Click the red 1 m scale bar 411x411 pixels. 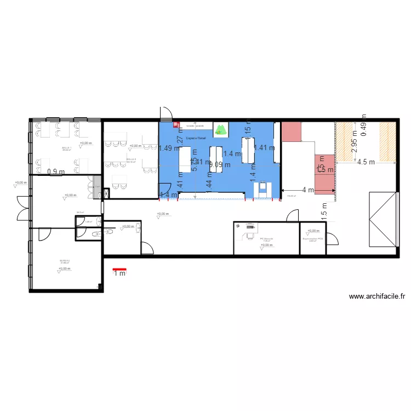tap(119, 270)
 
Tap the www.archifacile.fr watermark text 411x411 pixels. tap(378, 296)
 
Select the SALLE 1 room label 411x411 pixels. tap(66, 149)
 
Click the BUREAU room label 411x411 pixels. tap(65, 261)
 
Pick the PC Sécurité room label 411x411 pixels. tap(267, 239)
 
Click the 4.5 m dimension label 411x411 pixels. tap(366, 162)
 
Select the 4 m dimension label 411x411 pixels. tap(308, 190)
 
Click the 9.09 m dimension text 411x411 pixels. tap(220, 164)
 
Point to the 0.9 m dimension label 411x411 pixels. tap(56, 172)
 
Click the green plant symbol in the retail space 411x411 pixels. tap(221, 130)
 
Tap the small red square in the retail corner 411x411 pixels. tap(177, 124)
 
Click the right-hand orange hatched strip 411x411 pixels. tap(387, 141)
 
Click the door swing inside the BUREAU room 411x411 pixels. tap(44, 234)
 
